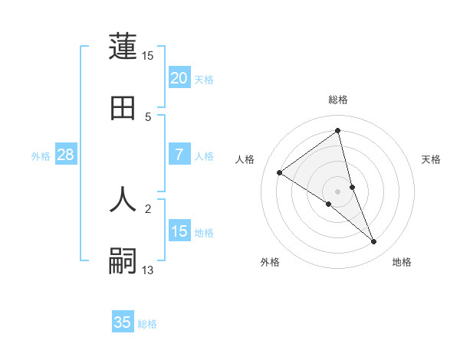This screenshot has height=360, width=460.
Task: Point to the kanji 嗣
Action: tap(123, 260)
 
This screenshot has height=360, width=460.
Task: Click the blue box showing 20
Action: tap(179, 77)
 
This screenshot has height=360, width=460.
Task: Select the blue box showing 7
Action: tap(179, 155)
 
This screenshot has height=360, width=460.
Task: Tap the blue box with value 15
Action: tap(179, 231)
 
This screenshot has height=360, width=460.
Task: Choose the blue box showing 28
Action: tap(66, 155)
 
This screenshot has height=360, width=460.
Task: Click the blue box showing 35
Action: tap(123, 322)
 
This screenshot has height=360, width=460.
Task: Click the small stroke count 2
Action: tap(149, 208)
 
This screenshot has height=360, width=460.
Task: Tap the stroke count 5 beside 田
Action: tap(149, 116)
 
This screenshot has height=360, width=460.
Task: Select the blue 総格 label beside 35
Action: tap(147, 324)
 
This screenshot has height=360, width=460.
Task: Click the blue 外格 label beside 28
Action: tap(41, 156)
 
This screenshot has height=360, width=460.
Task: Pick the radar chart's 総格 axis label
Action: tap(338, 100)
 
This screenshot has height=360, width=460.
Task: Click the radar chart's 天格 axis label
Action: tap(432, 159)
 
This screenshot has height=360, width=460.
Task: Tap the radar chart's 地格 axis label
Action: tap(402, 263)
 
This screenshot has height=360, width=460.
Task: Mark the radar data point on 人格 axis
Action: tap(280, 172)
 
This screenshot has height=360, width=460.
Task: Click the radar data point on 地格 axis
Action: tap(374, 242)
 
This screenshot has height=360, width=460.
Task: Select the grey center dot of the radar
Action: tap(338, 191)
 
